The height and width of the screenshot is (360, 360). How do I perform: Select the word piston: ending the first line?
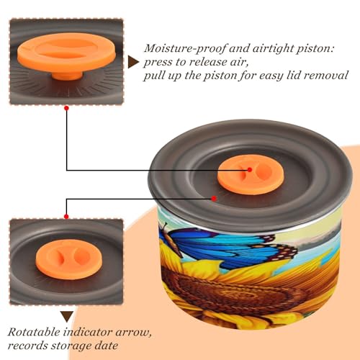316,49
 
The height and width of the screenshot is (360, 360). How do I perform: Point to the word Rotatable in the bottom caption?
34,332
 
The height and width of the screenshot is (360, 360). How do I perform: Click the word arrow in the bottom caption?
133,333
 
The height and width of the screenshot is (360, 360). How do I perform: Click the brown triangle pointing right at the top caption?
133,62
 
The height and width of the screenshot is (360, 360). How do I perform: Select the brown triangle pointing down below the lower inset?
67,317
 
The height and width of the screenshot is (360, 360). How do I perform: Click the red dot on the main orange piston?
250,170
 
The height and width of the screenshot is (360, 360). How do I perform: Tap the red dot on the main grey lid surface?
214,199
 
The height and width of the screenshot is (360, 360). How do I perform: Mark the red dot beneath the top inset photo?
67,108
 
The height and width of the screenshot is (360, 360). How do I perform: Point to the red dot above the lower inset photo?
66,217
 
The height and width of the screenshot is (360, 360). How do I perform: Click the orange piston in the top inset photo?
66,55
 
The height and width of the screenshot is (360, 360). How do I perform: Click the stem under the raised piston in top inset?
67,75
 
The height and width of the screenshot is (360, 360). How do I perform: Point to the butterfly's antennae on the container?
165,227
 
